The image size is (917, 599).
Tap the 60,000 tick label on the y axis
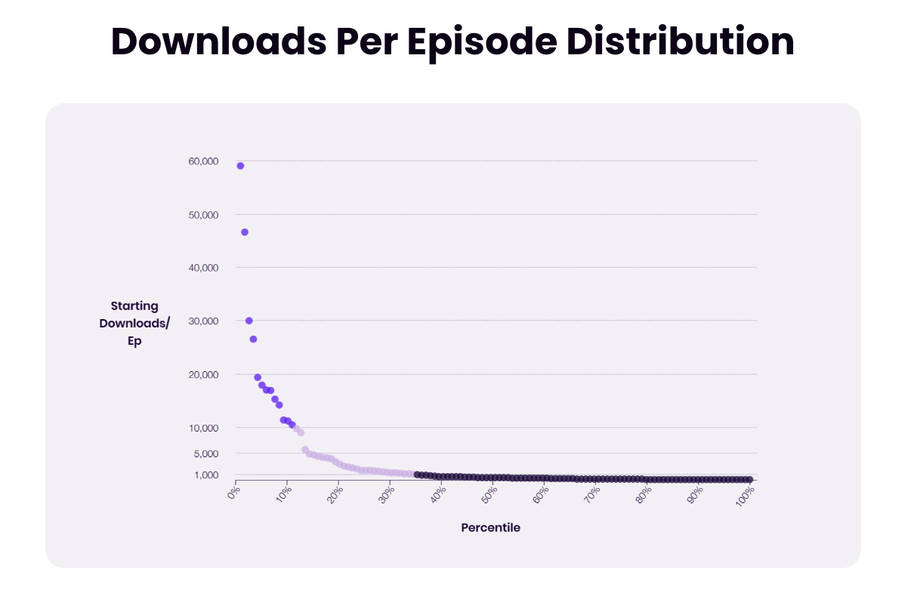[203, 161]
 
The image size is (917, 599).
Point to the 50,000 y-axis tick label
[203, 214]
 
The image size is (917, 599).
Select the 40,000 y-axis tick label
[203, 268]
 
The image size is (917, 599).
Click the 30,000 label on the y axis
[203, 321]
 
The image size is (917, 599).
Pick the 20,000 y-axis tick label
[203, 375]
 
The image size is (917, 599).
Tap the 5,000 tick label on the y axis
[206, 453]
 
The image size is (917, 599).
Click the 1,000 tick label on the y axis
[206, 475]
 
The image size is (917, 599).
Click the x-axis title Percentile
[490, 527]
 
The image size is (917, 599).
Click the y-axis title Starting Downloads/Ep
[134, 323]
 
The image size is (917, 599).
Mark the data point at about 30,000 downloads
[249, 321]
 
